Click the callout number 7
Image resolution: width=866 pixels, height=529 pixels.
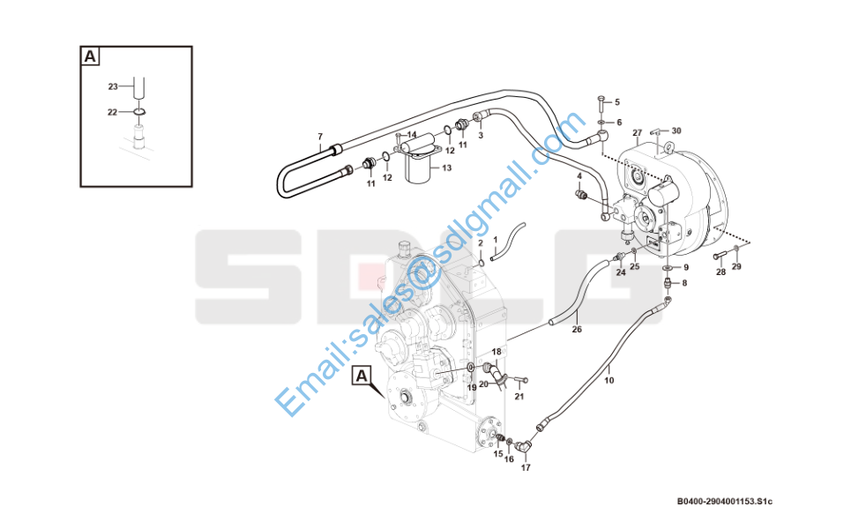pyautogui.click(x=320, y=137)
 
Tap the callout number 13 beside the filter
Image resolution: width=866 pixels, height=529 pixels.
pyautogui.click(x=447, y=168)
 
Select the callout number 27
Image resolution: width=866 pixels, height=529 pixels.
pyautogui.click(x=638, y=133)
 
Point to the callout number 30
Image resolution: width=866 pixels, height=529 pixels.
pyautogui.click(x=676, y=130)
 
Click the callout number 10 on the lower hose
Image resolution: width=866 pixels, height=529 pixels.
pyautogui.click(x=609, y=381)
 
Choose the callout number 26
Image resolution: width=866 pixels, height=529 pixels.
pyautogui.click(x=577, y=330)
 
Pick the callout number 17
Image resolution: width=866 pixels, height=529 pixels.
pyautogui.click(x=526, y=467)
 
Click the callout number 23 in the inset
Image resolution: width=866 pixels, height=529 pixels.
pyautogui.click(x=113, y=86)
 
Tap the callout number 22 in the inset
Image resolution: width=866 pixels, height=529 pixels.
pyautogui.click(x=112, y=112)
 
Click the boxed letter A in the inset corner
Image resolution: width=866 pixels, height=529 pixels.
pyautogui.click(x=90, y=56)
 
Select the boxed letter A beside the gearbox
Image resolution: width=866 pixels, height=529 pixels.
pyautogui.click(x=362, y=376)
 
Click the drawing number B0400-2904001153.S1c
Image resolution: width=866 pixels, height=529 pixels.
pyautogui.click(x=725, y=502)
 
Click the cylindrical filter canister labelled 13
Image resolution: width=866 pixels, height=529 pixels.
pyautogui.click(x=421, y=168)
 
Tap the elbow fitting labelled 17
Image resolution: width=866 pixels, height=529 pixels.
pyautogui.click(x=526, y=445)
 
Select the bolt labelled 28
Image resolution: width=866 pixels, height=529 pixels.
pyautogui.click(x=718, y=256)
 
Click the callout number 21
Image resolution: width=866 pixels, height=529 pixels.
pyautogui.click(x=519, y=397)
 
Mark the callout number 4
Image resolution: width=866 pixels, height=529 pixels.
pyautogui.click(x=579, y=176)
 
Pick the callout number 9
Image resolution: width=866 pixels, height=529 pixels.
pyautogui.click(x=686, y=267)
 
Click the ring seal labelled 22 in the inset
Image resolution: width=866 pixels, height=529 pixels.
pyautogui.click(x=138, y=112)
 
